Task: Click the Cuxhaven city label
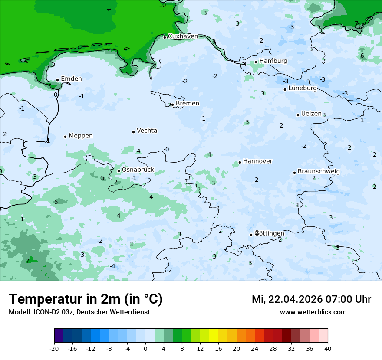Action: tap(182, 36)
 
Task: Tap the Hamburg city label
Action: tap(273, 61)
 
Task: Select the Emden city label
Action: tap(71, 79)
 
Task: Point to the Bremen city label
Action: tap(187, 104)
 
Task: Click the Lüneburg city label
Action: tap(302, 88)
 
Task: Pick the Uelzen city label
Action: tap(311, 114)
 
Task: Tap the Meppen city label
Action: tap(80, 136)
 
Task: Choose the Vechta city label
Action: tap(147, 131)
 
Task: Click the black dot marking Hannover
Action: tap(240, 163)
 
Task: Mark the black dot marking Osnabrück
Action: tap(119, 171)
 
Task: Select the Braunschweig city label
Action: tap(319, 172)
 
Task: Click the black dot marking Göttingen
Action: tap(251, 235)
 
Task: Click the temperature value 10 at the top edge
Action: tap(162, 5)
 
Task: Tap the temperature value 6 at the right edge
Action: tap(362, 56)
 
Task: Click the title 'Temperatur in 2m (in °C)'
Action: tap(86, 299)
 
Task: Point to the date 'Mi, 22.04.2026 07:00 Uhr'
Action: tap(311, 299)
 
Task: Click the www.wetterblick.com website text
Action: tap(313, 312)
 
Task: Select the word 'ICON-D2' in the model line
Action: tap(45, 312)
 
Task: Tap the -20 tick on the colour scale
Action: tap(54, 349)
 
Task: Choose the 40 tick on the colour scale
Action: tap(328, 349)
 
